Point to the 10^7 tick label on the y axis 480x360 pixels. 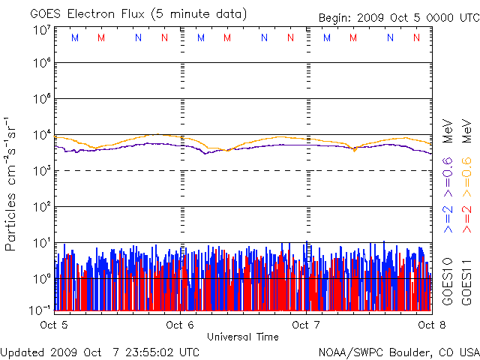tap(41, 31)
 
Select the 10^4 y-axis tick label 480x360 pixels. tap(41, 135)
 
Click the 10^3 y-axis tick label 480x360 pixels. tap(41, 170)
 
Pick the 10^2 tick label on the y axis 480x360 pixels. tap(41, 206)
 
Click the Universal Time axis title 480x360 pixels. tap(242, 337)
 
